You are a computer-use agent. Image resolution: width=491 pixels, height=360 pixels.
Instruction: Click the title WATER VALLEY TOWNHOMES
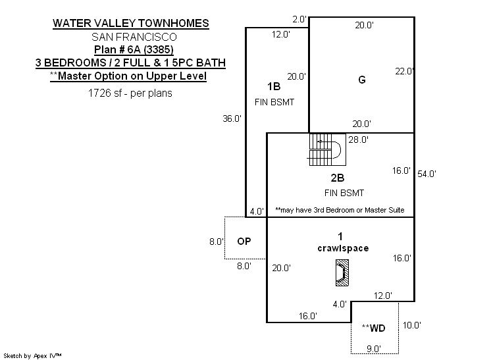(130, 24)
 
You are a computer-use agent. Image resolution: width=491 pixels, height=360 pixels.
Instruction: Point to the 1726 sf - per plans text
(130, 93)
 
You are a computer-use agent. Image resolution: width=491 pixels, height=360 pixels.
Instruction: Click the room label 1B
(274, 86)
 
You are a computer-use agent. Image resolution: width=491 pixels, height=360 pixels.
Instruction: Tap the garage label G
(362, 80)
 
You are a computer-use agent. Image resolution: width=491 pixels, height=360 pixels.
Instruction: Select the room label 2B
(337, 178)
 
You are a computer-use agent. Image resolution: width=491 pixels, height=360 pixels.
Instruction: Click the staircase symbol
(326, 151)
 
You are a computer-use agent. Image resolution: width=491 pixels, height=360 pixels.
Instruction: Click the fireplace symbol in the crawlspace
(342, 272)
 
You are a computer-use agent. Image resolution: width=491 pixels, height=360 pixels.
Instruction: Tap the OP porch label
(244, 241)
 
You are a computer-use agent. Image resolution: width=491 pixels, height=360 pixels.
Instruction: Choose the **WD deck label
(373, 327)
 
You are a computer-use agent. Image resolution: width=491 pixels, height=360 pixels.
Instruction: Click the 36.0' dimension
(232, 119)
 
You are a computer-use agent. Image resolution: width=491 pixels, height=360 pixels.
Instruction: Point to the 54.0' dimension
(427, 174)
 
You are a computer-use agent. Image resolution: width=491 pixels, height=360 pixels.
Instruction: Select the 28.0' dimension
(358, 140)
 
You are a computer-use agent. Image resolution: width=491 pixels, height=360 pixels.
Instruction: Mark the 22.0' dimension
(404, 71)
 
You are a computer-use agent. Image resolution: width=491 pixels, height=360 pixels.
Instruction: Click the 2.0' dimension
(299, 19)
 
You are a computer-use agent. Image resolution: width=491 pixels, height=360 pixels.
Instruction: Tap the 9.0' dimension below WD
(373, 349)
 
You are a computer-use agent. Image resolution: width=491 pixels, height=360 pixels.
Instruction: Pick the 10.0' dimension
(411, 325)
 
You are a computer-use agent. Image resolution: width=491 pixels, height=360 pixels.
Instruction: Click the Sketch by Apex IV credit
(33, 355)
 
